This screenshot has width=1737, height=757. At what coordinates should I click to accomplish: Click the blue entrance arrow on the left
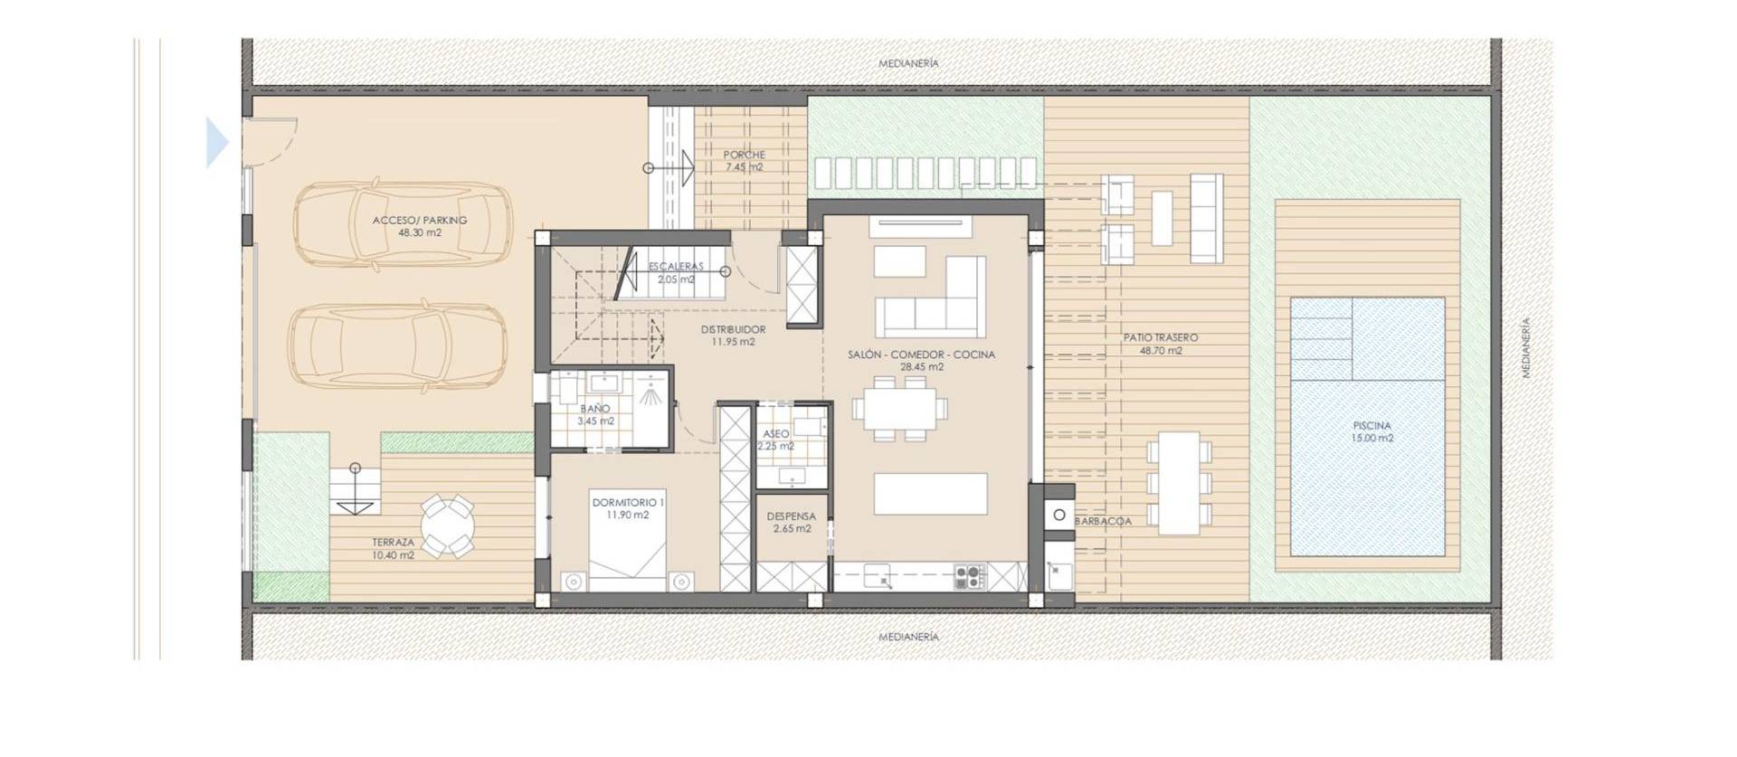(217, 143)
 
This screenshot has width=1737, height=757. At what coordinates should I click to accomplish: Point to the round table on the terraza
(447, 525)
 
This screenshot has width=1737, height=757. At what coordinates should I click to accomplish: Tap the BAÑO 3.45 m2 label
(595, 415)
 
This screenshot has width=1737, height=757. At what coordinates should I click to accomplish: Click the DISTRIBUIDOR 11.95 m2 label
(733, 336)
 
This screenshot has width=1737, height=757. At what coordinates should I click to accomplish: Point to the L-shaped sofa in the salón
(932, 298)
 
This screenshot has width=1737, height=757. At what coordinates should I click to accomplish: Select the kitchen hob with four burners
(970, 576)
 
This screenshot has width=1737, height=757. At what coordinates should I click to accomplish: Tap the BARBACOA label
(1103, 522)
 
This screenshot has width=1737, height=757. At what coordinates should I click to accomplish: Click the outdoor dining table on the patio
(1179, 483)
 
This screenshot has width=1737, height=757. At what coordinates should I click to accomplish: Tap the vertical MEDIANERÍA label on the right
(1526, 347)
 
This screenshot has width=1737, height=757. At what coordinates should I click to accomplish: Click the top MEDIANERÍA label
(908, 63)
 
